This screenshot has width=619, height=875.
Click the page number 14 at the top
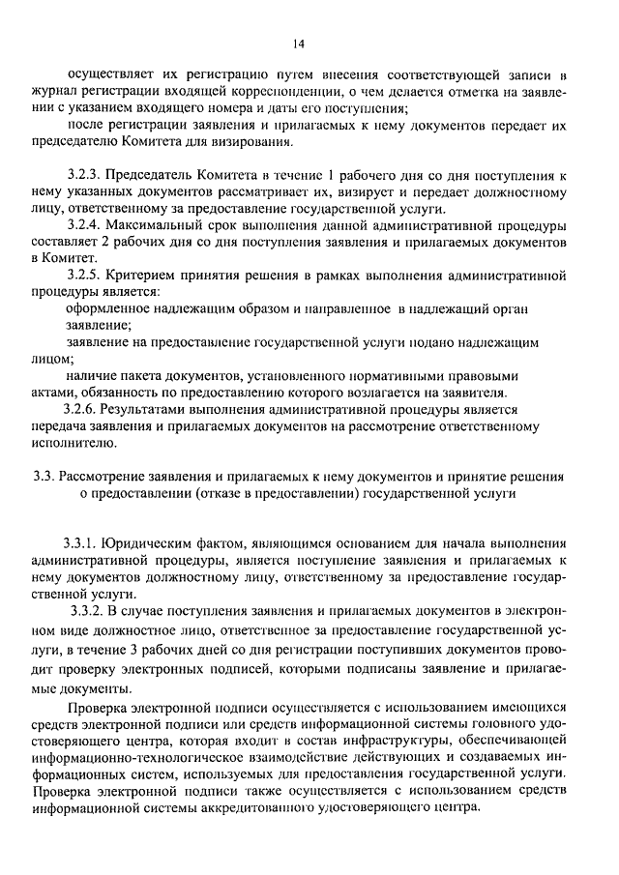pos(298,43)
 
